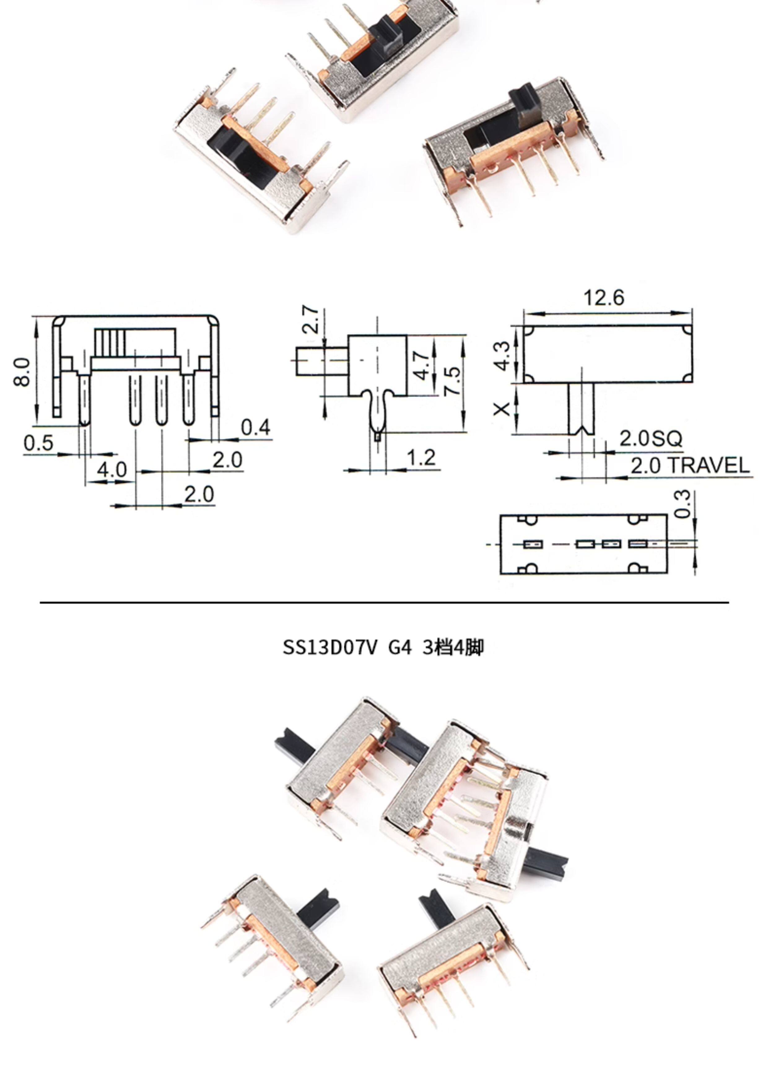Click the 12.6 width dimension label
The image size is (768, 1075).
[604, 298]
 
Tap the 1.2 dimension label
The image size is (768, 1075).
[421, 458]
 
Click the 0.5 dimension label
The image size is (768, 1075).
[38, 443]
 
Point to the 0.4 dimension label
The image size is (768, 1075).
[256, 427]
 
